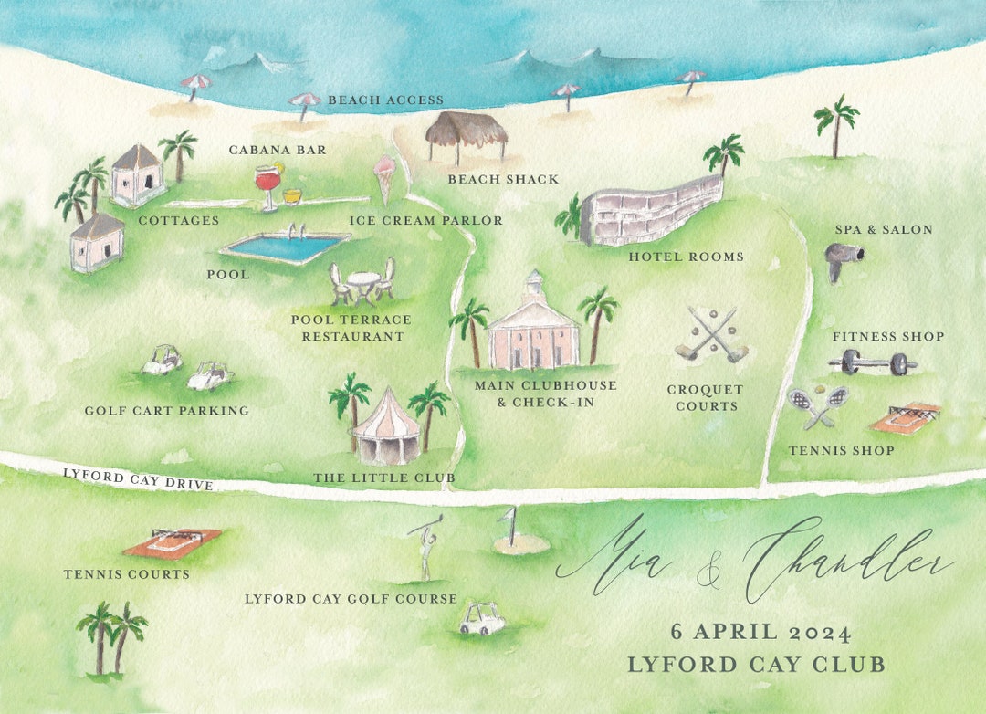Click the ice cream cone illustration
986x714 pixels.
pos(384,177)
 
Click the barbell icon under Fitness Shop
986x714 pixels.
pos(873,363)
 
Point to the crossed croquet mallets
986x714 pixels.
pos(712,335)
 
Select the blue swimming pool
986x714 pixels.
pos(285,247)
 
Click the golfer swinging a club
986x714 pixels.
pos(425,547)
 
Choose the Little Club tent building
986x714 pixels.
pos(386,429)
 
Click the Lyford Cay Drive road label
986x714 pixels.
pos(138,478)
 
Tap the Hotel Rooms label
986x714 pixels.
pos(686,257)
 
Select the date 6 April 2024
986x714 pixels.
pos(760,632)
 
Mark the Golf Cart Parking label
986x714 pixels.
pos(167,411)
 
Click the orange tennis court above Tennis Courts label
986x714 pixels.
pos(172,542)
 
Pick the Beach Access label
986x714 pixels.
pos(385,100)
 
